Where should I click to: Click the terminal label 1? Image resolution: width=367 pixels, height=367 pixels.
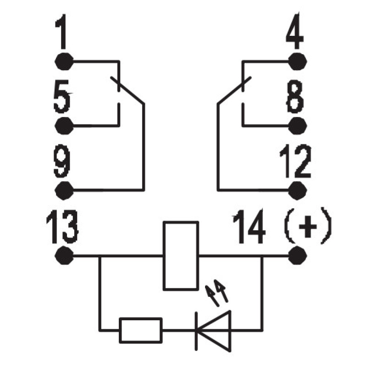point(61,32)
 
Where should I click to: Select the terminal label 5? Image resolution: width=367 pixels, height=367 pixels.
point(62,96)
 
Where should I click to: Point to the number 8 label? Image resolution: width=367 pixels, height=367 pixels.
point(295,96)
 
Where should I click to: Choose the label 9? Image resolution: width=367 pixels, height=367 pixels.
point(62,161)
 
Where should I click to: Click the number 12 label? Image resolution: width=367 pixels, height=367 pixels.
point(295,161)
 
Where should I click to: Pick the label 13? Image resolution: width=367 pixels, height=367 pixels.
point(62,226)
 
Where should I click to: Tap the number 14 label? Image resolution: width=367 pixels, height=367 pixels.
point(249,226)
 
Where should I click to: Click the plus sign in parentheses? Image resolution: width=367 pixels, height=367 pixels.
point(308,226)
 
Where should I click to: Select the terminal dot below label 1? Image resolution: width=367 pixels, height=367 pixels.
point(64,61)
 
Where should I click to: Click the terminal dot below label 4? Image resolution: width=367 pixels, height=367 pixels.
point(297,61)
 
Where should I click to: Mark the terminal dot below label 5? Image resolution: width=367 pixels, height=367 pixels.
point(64,126)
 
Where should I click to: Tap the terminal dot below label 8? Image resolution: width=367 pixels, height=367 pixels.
point(297,126)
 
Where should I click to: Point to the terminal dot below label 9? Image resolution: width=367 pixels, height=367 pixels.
point(64,190)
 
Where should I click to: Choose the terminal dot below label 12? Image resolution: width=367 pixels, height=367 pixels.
point(297,190)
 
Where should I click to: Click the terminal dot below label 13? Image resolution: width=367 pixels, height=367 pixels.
point(64,256)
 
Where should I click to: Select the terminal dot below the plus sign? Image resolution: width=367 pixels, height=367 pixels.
point(297,256)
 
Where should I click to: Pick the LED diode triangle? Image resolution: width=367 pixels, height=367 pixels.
point(213,331)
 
